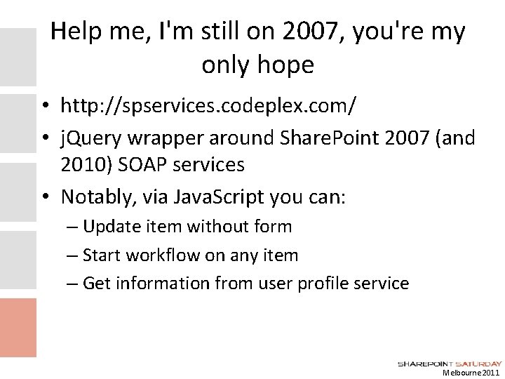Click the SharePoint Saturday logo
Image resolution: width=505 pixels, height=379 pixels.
450,363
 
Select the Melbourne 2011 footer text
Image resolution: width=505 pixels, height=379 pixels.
471,373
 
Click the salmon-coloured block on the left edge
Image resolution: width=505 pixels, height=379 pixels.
18,326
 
